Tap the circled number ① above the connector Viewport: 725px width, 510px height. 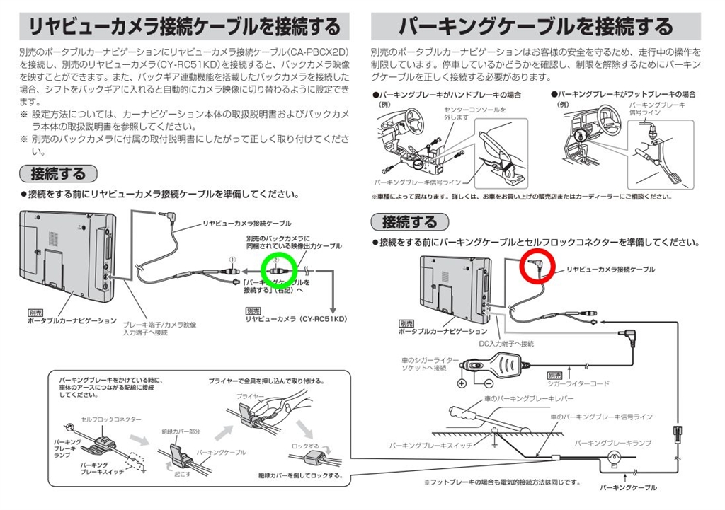[231, 260]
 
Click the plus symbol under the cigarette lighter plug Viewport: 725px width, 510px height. [462, 383]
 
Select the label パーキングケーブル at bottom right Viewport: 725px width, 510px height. [628, 487]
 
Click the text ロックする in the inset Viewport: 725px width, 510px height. [306, 446]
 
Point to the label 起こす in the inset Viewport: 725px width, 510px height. [182, 475]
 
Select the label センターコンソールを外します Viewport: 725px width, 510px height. [466, 113]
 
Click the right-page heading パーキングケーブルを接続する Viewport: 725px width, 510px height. [535, 28]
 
